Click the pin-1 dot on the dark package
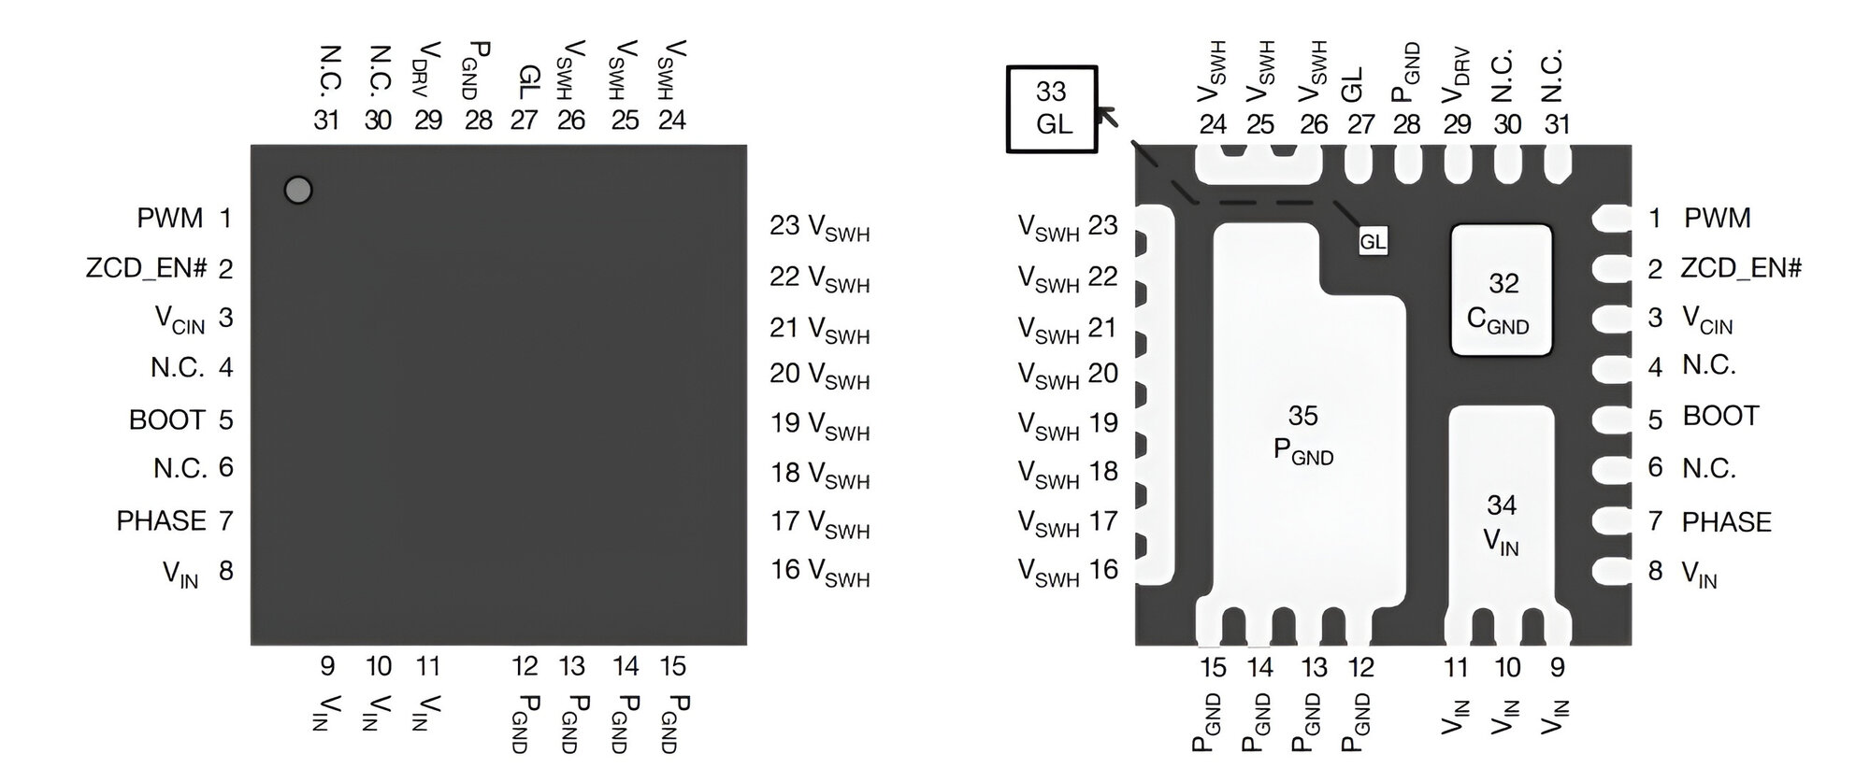click(297, 191)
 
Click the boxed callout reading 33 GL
click(1052, 108)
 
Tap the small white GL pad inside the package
click(1372, 242)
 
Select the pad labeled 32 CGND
click(1501, 291)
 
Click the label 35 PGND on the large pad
click(1303, 434)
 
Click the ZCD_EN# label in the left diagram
click(146, 269)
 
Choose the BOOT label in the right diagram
click(1720, 416)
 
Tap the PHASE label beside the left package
click(161, 520)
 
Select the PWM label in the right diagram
click(1717, 219)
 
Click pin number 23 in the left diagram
click(784, 225)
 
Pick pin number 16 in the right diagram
click(1103, 569)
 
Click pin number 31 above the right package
click(1557, 124)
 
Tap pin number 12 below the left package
click(525, 666)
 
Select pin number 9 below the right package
click(1557, 667)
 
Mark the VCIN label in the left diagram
click(180, 320)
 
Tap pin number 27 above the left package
click(524, 120)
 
